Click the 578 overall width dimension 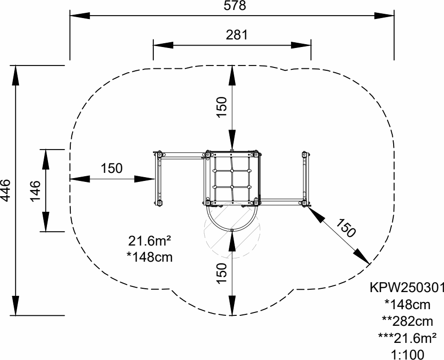click(235, 5)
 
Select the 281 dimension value click(237, 35)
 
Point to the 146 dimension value click(36, 190)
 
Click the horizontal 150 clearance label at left click(112, 168)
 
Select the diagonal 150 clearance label click(345, 228)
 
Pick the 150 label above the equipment click(222, 107)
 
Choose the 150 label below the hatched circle click(222, 273)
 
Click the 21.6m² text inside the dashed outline click(150, 241)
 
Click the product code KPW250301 click(406, 288)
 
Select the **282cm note click(407, 322)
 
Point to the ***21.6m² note click(407, 338)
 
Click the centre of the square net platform click(232, 179)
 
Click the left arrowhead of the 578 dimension click(80, 16)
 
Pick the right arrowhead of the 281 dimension click(301, 45)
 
